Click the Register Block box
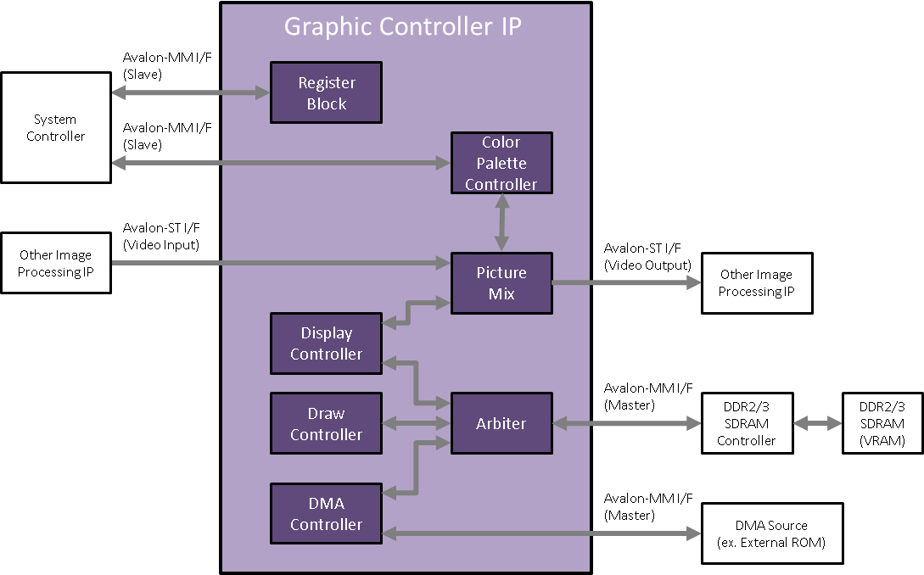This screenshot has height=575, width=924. pos(326,93)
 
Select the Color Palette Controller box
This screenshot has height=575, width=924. pos(501,163)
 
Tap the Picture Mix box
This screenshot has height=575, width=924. pos(501,283)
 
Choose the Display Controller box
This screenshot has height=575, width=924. pos(326,343)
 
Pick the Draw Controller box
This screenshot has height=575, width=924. pos(326,423)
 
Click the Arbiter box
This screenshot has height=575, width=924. pos(501,423)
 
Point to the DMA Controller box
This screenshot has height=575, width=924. pos(326,514)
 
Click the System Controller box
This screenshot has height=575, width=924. pos(55,127)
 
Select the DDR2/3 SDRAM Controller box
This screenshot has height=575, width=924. pos(746,422)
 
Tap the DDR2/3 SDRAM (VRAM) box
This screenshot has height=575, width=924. pos(882,422)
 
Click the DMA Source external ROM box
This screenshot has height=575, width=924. pos(771,533)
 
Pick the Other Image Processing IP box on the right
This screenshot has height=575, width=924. pos(756,283)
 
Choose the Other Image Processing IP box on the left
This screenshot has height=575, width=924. pos(55,263)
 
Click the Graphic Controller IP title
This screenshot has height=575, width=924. pos(402,26)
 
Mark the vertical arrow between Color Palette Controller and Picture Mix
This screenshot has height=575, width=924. pos(503,223)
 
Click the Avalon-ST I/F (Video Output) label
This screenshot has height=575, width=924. pos(647,256)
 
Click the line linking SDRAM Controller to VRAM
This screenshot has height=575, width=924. pos(817,423)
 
